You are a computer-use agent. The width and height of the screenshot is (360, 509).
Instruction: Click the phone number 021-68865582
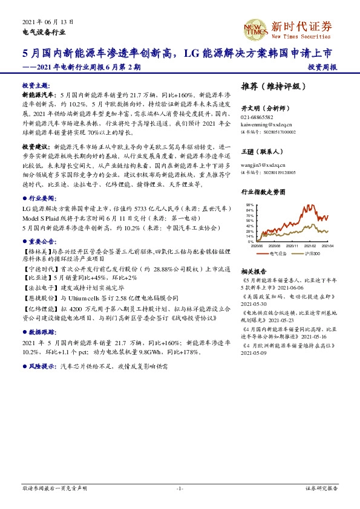(257, 117)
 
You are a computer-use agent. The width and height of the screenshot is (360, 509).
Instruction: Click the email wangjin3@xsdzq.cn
(260, 164)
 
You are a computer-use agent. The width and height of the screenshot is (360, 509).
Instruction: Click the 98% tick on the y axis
(250, 205)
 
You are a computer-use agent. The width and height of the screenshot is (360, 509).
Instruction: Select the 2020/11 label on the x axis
(293, 246)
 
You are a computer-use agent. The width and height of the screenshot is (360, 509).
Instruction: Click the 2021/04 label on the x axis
(327, 246)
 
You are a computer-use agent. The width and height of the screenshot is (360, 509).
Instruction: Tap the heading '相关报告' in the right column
(254, 271)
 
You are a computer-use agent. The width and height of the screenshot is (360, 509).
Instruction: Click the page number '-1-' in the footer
(180, 488)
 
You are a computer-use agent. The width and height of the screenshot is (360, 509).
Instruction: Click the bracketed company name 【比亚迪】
(36, 277)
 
